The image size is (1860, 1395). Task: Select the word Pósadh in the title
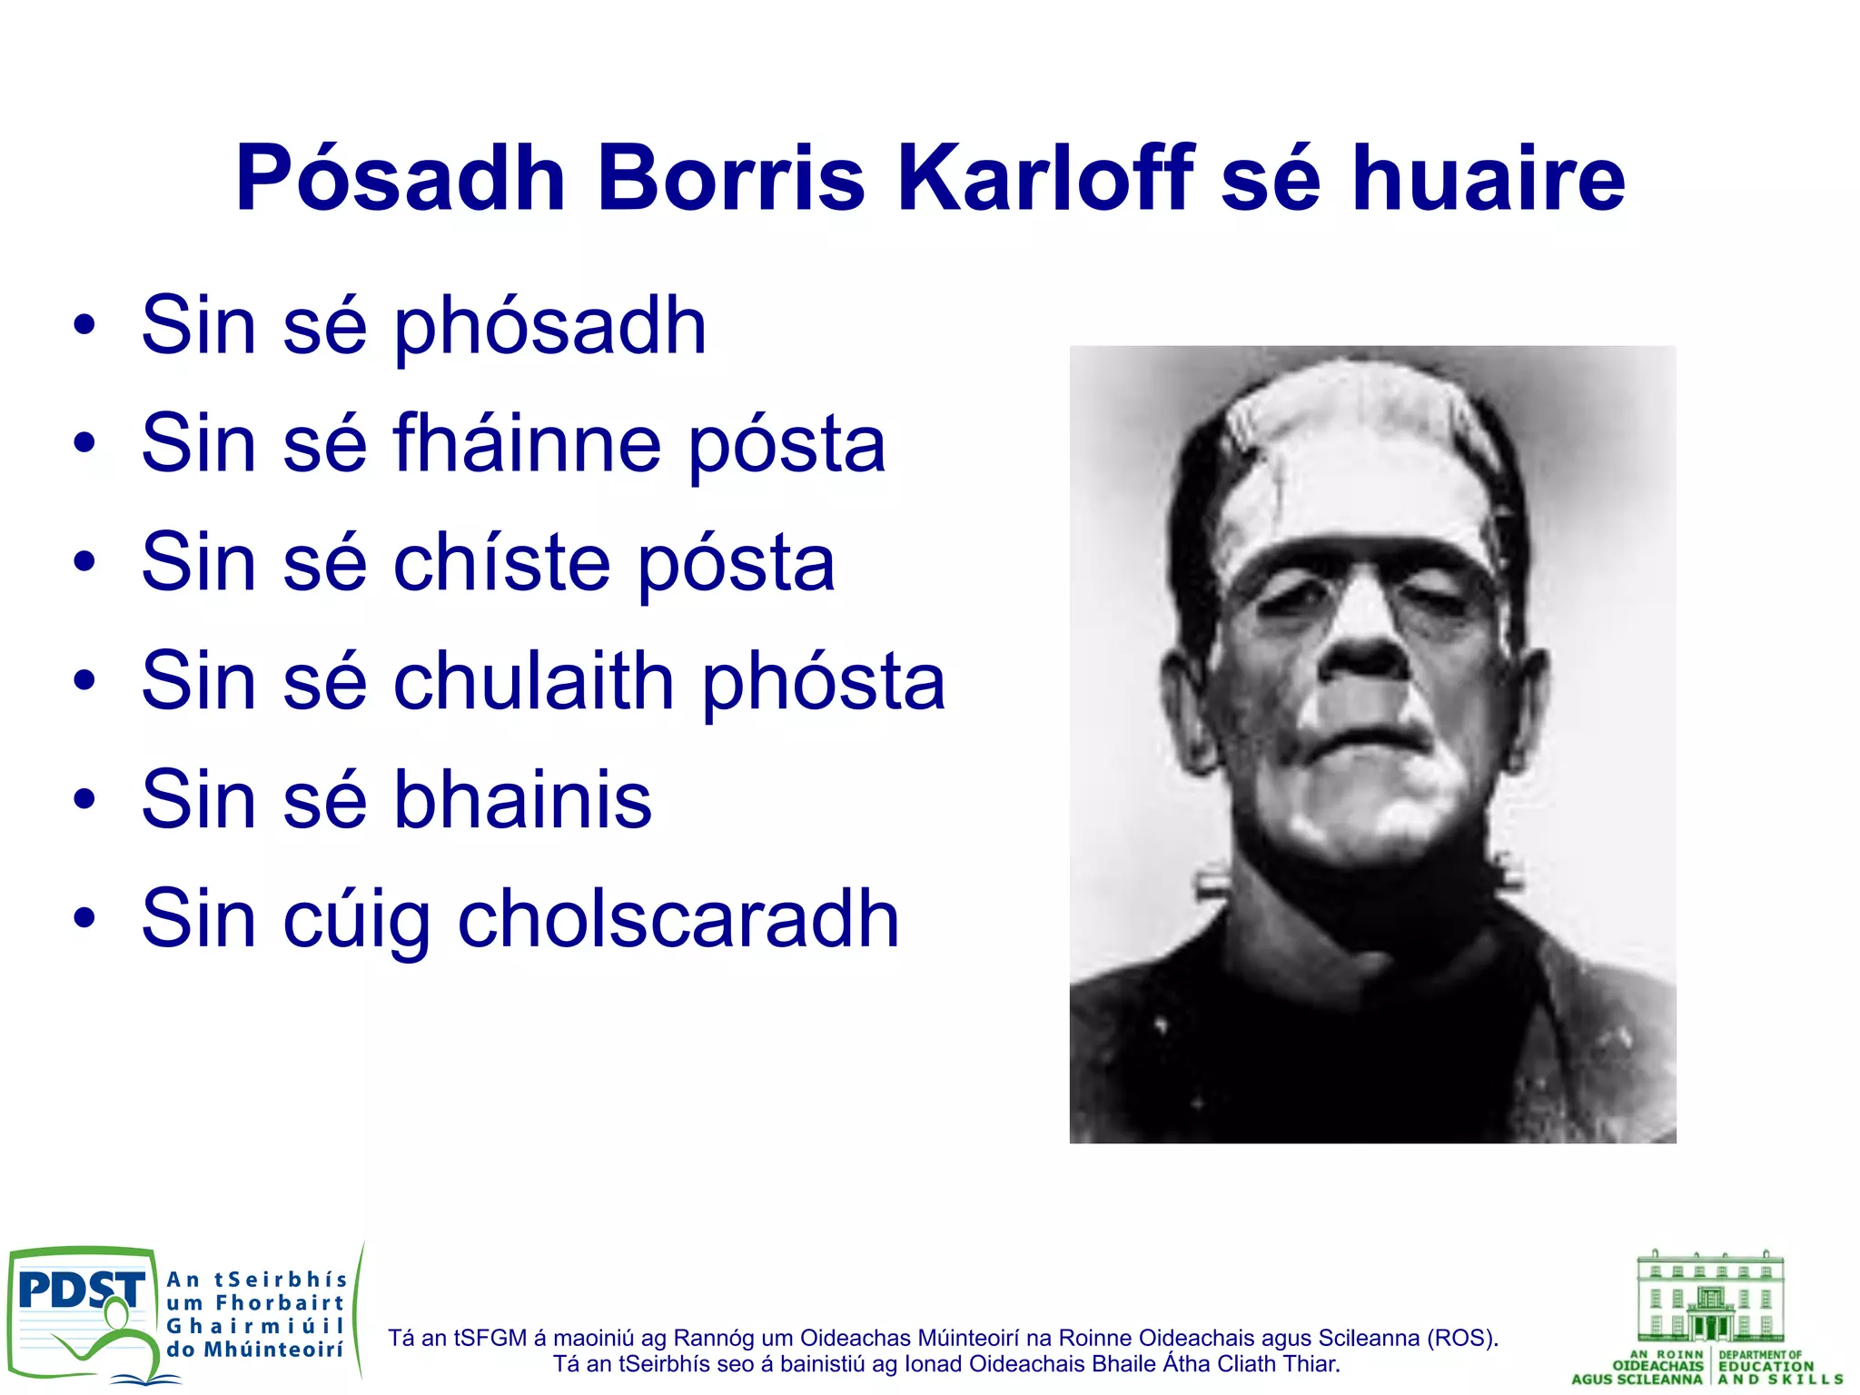[401, 178]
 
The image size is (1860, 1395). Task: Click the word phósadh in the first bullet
[549, 327]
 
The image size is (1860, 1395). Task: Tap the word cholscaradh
[678, 919]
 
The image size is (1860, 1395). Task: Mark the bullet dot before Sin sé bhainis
[84, 800]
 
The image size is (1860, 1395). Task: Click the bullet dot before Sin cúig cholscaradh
[84, 918]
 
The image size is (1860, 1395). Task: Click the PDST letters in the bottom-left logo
[82, 1290]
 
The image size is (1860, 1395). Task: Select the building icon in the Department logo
[1710, 1296]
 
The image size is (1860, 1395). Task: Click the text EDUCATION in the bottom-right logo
[1766, 1366]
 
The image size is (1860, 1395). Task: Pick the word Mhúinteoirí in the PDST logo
[272, 1350]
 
